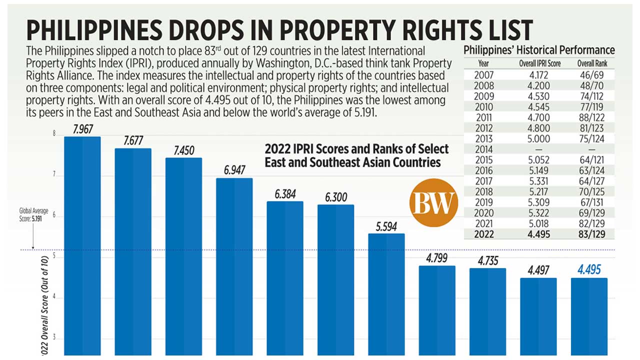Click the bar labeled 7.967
click(x=82, y=245)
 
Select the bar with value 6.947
click(x=234, y=265)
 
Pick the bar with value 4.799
click(x=437, y=310)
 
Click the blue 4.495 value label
click(x=589, y=270)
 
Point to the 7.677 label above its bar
click(x=133, y=141)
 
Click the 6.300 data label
click(x=335, y=197)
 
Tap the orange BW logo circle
click(x=433, y=202)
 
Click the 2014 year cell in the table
click(x=483, y=149)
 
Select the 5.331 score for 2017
click(x=539, y=181)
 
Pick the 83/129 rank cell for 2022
click(x=592, y=234)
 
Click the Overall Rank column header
click(x=592, y=64)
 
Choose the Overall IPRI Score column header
click(x=539, y=64)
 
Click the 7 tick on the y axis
click(x=53, y=176)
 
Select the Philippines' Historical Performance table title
click(x=539, y=50)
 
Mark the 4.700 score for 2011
click(x=539, y=117)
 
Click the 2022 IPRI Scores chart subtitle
click(x=356, y=155)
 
